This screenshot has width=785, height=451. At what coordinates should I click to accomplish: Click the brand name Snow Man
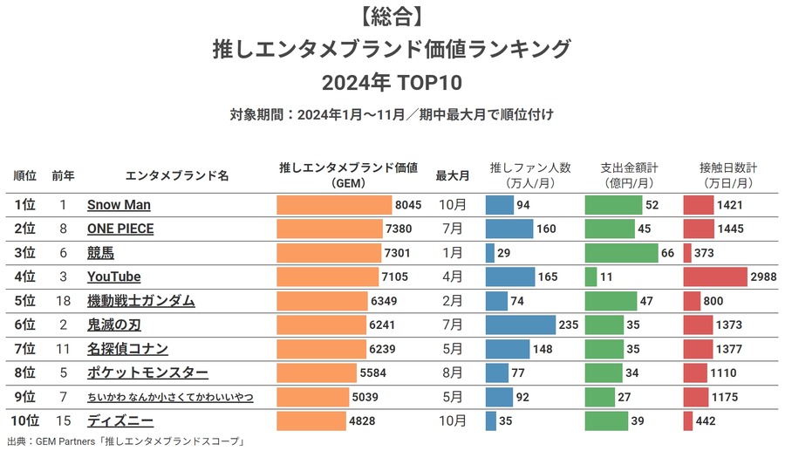click(119, 205)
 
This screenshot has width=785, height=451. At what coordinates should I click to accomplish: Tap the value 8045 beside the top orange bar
click(408, 205)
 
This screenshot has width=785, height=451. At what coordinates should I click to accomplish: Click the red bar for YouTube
click(714, 277)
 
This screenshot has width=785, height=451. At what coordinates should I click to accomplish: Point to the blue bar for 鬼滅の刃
click(520, 325)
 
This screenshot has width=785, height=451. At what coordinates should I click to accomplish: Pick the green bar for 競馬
click(620, 253)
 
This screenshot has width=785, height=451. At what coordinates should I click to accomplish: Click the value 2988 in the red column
click(763, 277)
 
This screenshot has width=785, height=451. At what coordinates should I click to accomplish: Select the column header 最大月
click(453, 175)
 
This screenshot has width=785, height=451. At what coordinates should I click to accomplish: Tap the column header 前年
click(63, 175)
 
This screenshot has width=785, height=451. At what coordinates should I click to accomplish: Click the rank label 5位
click(25, 301)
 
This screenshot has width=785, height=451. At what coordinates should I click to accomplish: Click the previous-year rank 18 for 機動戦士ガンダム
click(63, 301)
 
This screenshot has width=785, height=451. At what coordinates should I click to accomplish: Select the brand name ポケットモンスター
click(147, 373)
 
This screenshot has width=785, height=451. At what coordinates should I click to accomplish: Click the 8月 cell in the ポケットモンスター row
click(453, 373)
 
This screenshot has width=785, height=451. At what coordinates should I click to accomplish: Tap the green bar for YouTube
click(590, 277)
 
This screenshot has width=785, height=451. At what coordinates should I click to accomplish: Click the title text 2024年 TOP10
click(392, 83)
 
